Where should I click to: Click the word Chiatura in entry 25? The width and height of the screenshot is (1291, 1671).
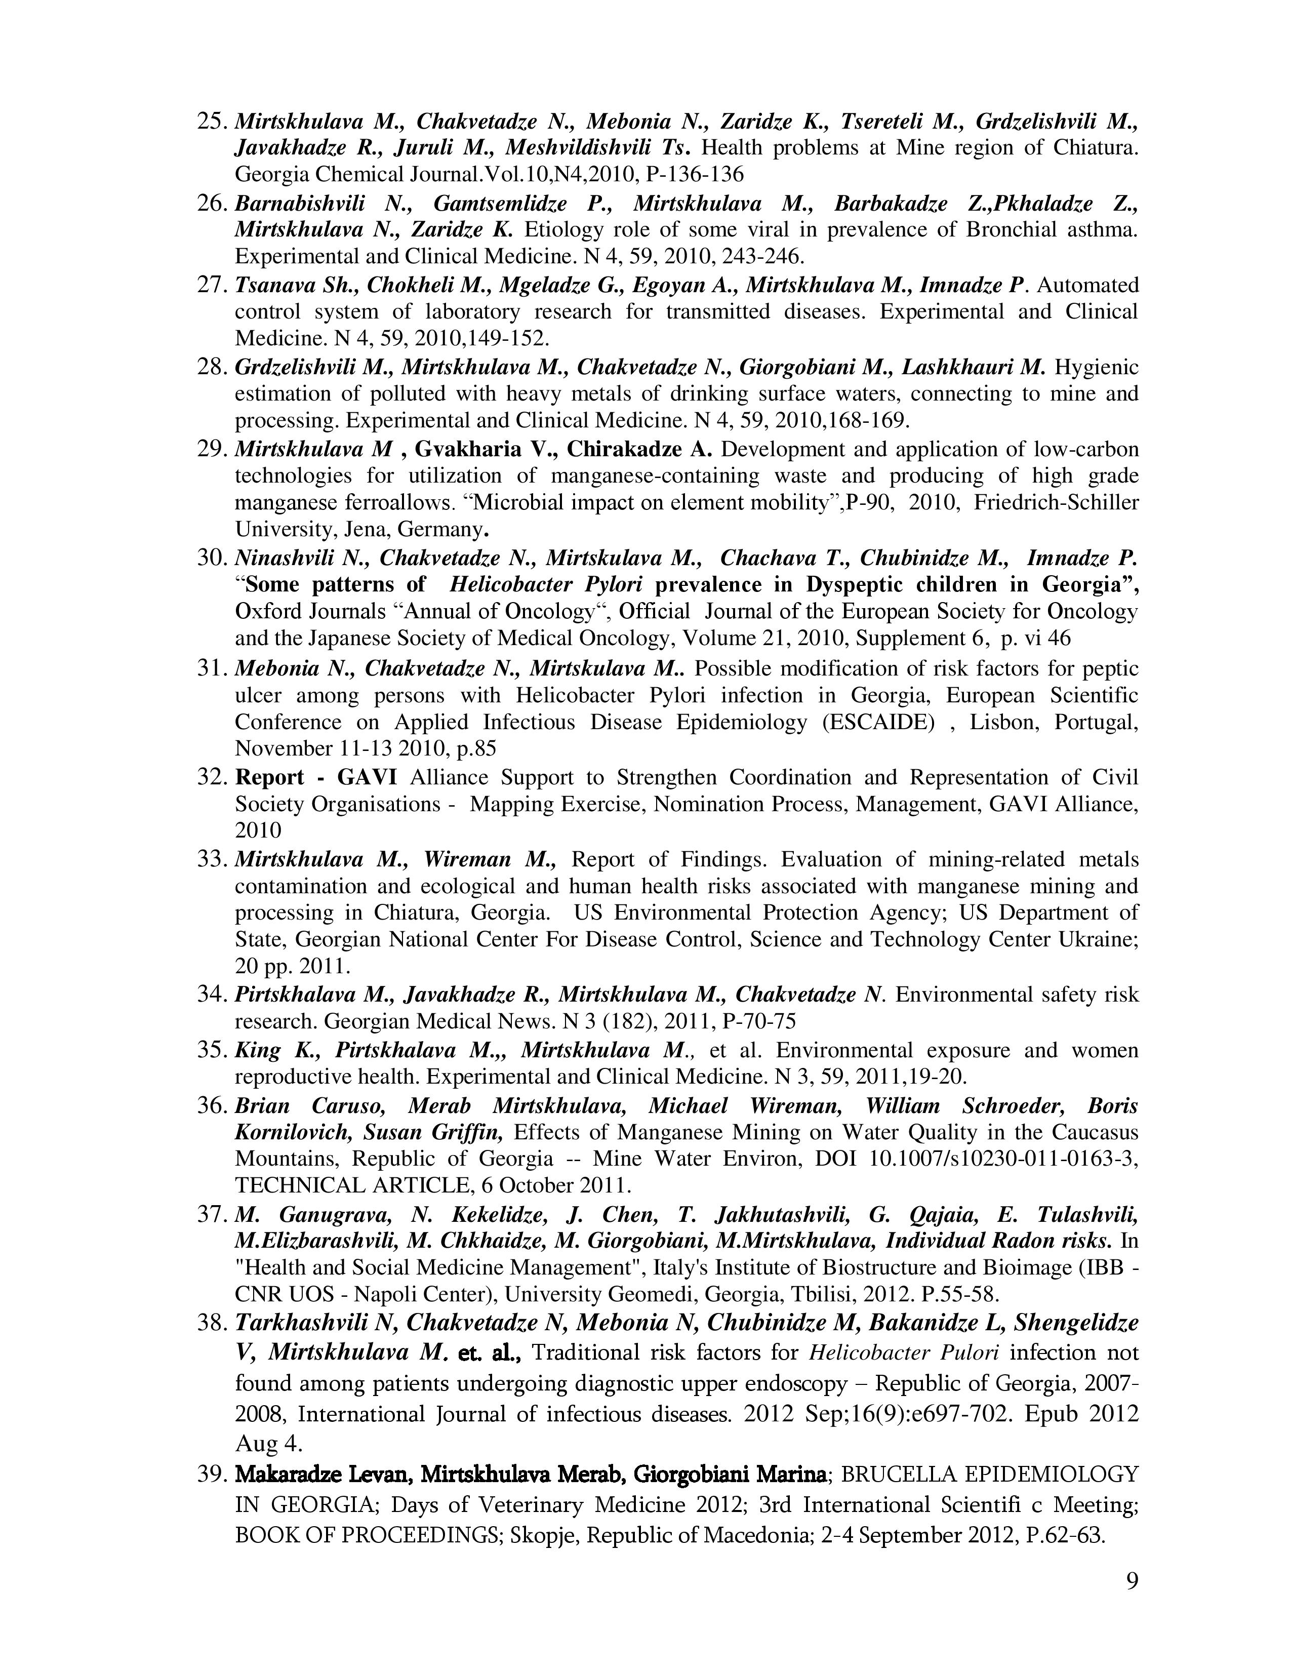click(1095, 148)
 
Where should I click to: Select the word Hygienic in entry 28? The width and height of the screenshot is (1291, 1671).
click(1096, 367)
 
